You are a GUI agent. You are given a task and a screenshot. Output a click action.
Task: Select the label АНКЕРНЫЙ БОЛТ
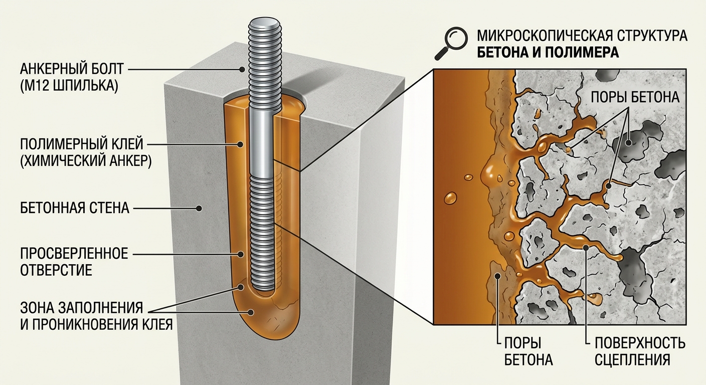(72, 69)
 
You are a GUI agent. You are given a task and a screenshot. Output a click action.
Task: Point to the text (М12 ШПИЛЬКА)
(69, 85)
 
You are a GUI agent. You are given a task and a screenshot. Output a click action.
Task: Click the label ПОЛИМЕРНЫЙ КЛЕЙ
(82, 144)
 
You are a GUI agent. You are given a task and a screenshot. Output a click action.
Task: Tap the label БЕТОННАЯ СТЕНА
(75, 208)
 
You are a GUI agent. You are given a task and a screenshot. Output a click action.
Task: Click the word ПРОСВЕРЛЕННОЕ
(74, 254)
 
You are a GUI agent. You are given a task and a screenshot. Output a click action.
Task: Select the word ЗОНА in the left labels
(38, 308)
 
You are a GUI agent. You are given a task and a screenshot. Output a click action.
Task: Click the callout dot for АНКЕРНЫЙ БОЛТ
(242, 69)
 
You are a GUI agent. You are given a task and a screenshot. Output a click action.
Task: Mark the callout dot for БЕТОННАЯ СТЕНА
(199, 208)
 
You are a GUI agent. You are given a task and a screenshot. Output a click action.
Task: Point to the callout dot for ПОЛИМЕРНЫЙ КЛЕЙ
(240, 144)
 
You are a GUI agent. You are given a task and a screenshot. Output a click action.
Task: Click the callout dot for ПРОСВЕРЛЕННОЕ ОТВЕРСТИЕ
(241, 254)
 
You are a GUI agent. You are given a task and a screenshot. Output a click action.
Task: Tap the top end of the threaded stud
(264, 24)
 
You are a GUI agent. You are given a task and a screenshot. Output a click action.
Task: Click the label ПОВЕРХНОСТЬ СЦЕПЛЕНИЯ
(640, 351)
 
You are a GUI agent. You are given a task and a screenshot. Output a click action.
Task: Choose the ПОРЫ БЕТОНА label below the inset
(528, 351)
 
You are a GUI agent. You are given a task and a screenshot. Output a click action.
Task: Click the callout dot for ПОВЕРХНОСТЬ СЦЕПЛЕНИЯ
(586, 248)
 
